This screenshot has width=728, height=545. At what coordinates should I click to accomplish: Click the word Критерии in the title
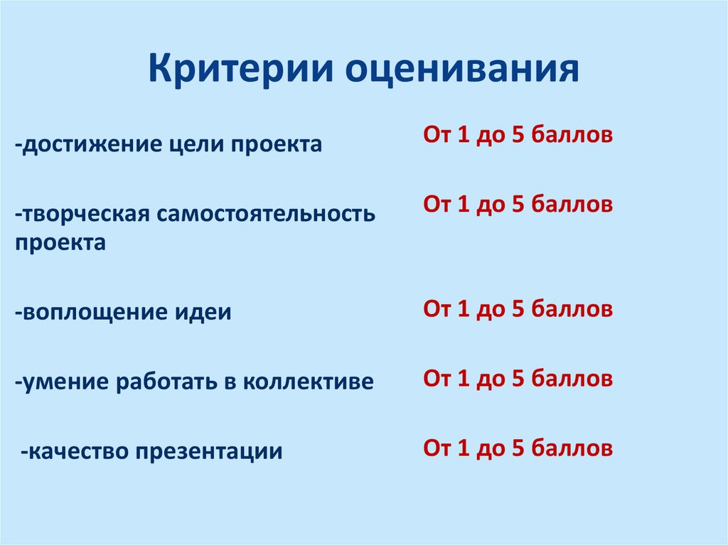(241, 70)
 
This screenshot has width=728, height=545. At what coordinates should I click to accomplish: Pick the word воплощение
(88, 313)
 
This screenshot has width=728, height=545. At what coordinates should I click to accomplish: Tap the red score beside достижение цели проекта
(518, 135)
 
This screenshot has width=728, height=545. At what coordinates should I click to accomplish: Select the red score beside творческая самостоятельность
(518, 205)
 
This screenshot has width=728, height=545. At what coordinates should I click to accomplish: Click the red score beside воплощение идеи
(518, 309)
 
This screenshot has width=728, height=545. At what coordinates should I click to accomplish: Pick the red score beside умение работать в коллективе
(518, 379)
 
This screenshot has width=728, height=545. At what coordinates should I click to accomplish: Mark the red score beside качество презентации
(518, 448)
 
